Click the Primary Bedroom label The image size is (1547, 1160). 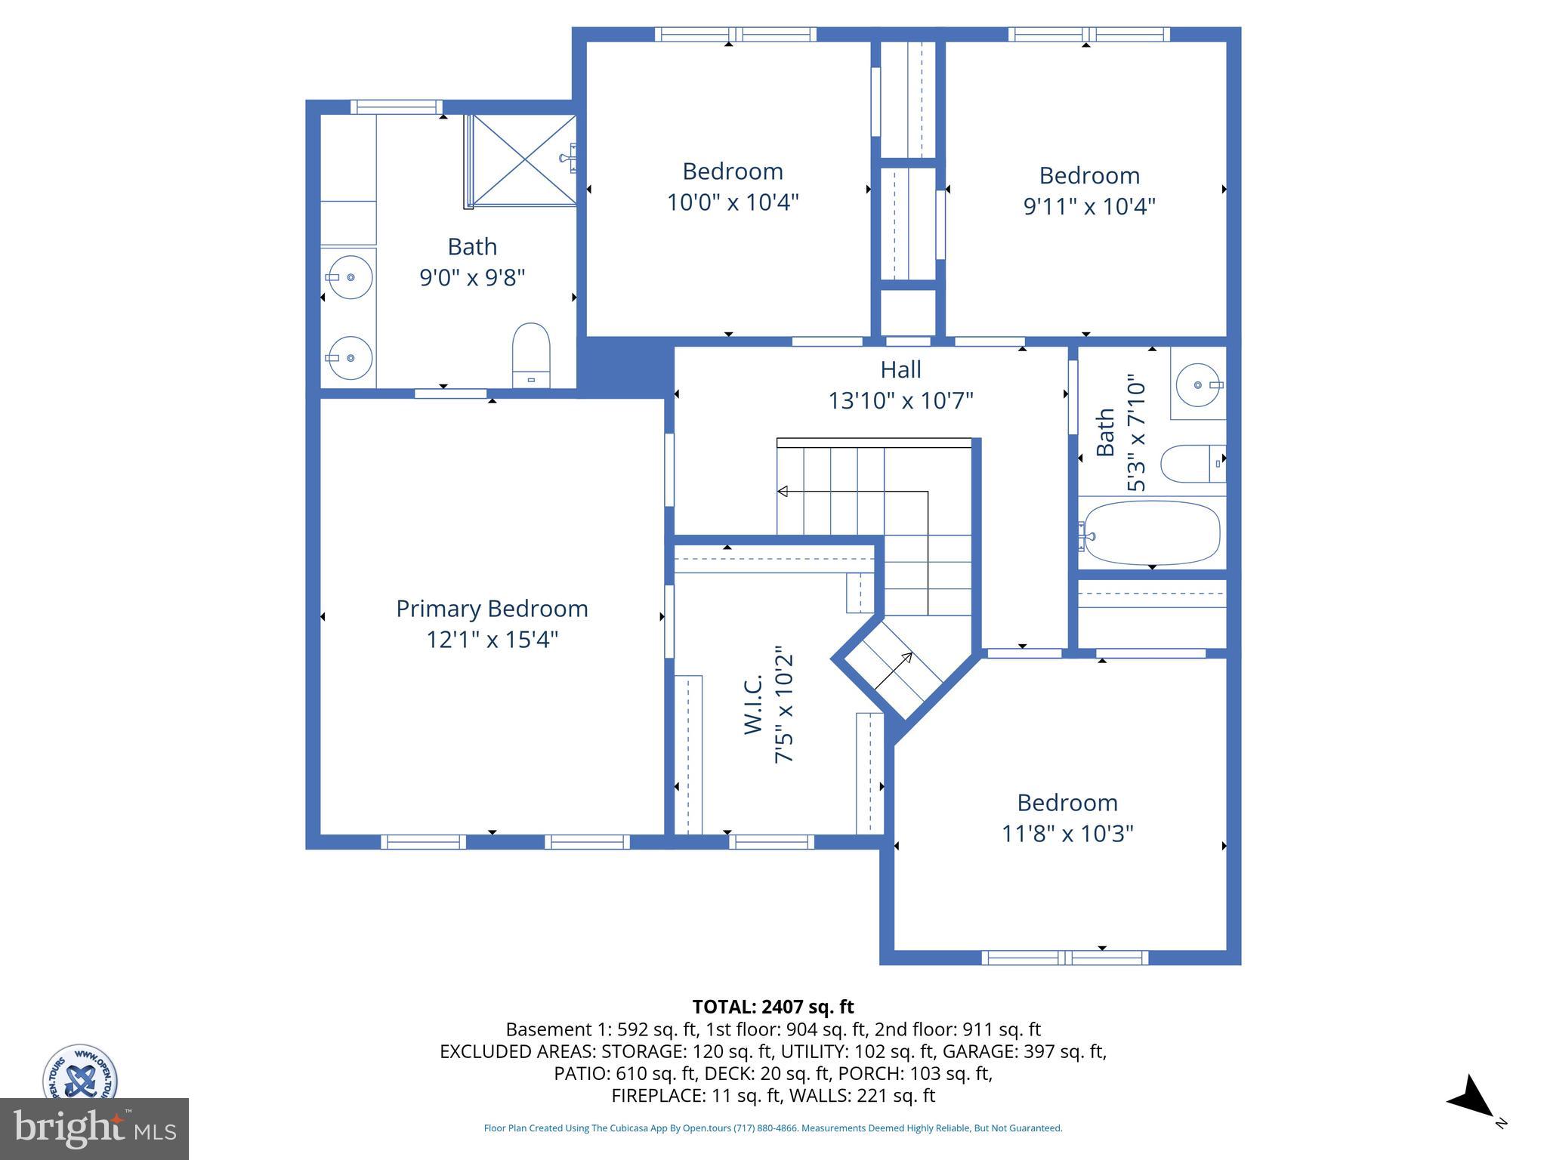click(x=492, y=609)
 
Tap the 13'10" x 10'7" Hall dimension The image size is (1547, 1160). click(x=900, y=400)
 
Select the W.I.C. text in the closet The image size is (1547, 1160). click(x=754, y=704)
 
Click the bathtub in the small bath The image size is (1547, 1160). click(x=1152, y=532)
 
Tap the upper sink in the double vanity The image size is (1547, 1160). click(x=350, y=277)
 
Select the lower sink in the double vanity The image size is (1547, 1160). click(x=350, y=358)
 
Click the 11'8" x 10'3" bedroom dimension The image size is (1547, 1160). click(x=1067, y=834)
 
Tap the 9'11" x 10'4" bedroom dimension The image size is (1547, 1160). click(x=1089, y=206)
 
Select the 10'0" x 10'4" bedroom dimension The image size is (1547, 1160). click(x=732, y=202)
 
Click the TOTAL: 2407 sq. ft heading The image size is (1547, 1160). click(x=773, y=1007)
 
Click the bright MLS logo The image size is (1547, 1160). click(x=94, y=1128)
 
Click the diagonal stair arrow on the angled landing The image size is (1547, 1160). click(x=894, y=671)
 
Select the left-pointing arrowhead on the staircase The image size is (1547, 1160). click(x=783, y=492)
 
